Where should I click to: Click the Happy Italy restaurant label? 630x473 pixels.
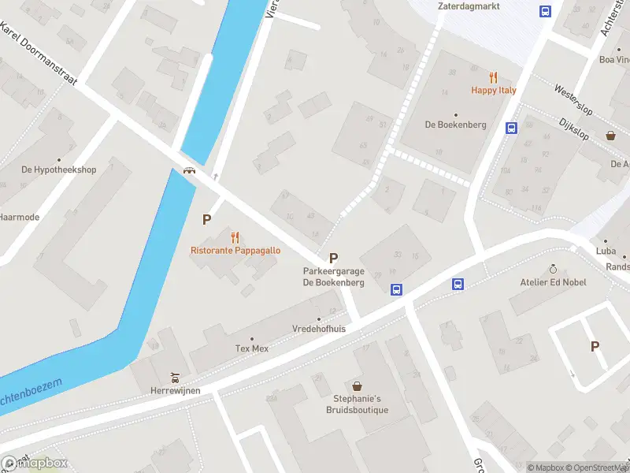coord(494,90)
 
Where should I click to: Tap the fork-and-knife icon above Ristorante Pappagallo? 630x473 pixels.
coord(235,237)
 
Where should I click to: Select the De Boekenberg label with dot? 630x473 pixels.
coord(455,125)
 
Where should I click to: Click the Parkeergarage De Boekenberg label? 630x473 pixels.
coord(333,277)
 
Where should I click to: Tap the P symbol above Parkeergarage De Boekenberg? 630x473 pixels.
coord(333,258)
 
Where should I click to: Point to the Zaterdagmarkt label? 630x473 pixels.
coord(469,6)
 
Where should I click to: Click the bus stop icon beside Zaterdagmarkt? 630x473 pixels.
coord(544,11)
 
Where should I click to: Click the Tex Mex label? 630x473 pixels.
coord(252,348)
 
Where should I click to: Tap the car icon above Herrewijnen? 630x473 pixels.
coord(176,376)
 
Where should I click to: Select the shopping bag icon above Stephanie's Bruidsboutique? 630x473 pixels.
coord(358,386)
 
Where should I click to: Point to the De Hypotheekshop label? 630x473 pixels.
coord(58,169)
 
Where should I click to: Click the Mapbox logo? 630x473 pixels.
coord(35,463)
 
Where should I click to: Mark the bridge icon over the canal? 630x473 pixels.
coord(189,170)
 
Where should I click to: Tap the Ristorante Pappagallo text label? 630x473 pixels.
coord(235,251)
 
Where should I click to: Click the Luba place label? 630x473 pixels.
coord(606,251)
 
